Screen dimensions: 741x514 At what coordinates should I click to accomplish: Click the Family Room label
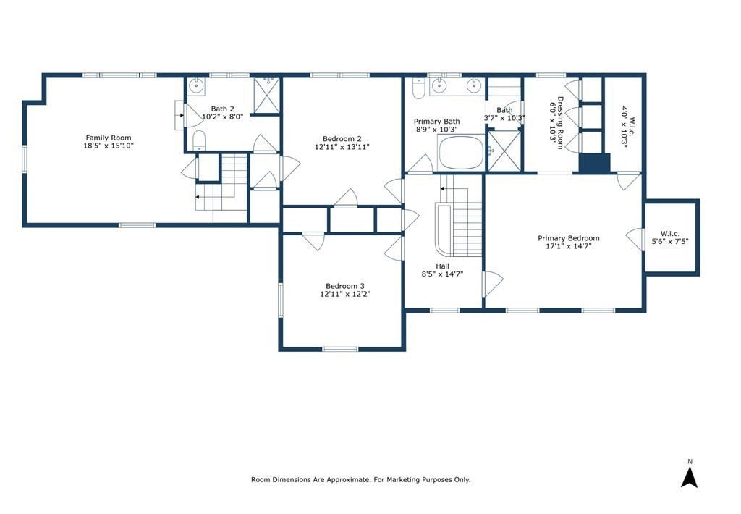[x=109, y=138]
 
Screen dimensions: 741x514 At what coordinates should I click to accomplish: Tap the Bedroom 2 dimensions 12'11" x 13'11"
[x=342, y=146]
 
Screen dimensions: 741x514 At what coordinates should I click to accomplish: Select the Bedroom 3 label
[x=345, y=286]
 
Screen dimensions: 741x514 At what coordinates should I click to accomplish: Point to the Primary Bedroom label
[x=569, y=238]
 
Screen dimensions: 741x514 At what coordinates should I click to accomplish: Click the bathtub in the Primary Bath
[x=462, y=152]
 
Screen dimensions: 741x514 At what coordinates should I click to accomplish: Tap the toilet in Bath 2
[x=200, y=140]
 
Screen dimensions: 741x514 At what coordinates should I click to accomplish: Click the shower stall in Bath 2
[x=267, y=96]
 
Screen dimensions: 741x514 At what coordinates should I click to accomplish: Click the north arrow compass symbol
[x=690, y=476]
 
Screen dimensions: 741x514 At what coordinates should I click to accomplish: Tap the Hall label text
[x=443, y=266]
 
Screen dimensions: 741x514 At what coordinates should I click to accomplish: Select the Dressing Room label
[x=560, y=123]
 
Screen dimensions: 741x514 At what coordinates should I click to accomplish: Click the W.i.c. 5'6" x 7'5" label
[x=670, y=237]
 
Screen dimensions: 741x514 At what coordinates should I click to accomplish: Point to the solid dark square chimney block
[x=595, y=163]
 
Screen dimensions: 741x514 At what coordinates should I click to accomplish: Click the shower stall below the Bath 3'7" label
[x=504, y=151]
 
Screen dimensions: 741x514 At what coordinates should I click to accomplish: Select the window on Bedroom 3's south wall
[x=340, y=349]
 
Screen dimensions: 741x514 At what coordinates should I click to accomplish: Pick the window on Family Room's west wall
[x=24, y=159]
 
